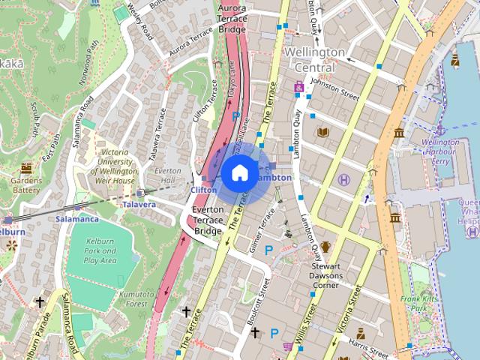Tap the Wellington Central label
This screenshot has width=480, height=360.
pyautogui.click(x=314, y=60)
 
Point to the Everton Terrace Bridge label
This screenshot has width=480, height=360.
pyautogui.click(x=207, y=220)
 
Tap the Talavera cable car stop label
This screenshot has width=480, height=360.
pyautogui.click(x=139, y=204)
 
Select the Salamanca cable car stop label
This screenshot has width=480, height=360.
pyautogui.click(x=76, y=219)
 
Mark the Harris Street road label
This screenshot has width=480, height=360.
pyautogui.click(x=367, y=347)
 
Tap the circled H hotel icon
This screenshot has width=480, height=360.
pyautogui.click(x=344, y=180)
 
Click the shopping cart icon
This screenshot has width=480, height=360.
pyautogui.click(x=289, y=346)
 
